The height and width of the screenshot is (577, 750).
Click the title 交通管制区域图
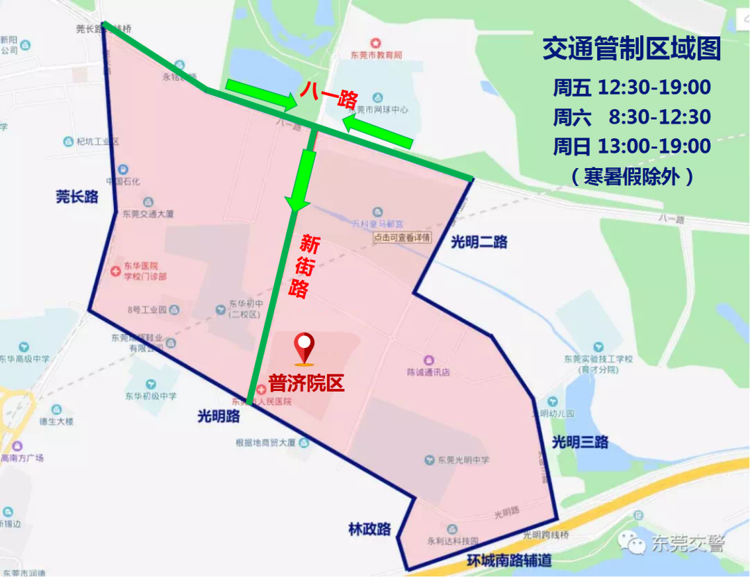(x=631, y=49)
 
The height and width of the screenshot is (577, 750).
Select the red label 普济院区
(x=306, y=383)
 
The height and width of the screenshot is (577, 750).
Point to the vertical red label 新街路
(x=303, y=267)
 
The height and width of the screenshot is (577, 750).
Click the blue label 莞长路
(x=77, y=196)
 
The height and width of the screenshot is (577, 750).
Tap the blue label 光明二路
(x=479, y=242)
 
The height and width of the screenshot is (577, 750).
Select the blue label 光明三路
(x=580, y=442)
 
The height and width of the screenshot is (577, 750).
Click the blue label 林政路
(x=369, y=529)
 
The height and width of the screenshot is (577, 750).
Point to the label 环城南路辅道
(x=509, y=560)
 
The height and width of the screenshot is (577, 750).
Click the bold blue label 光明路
(x=219, y=416)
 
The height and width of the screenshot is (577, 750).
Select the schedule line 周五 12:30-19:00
(x=631, y=87)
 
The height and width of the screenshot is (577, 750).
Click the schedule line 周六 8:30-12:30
(x=631, y=117)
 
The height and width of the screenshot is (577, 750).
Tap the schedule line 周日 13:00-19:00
(x=631, y=147)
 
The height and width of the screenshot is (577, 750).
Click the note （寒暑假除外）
(x=631, y=176)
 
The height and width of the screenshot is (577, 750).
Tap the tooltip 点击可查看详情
(x=402, y=237)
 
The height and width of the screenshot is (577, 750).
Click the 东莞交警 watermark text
(x=687, y=543)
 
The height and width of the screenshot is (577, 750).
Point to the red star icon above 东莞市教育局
(x=376, y=43)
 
